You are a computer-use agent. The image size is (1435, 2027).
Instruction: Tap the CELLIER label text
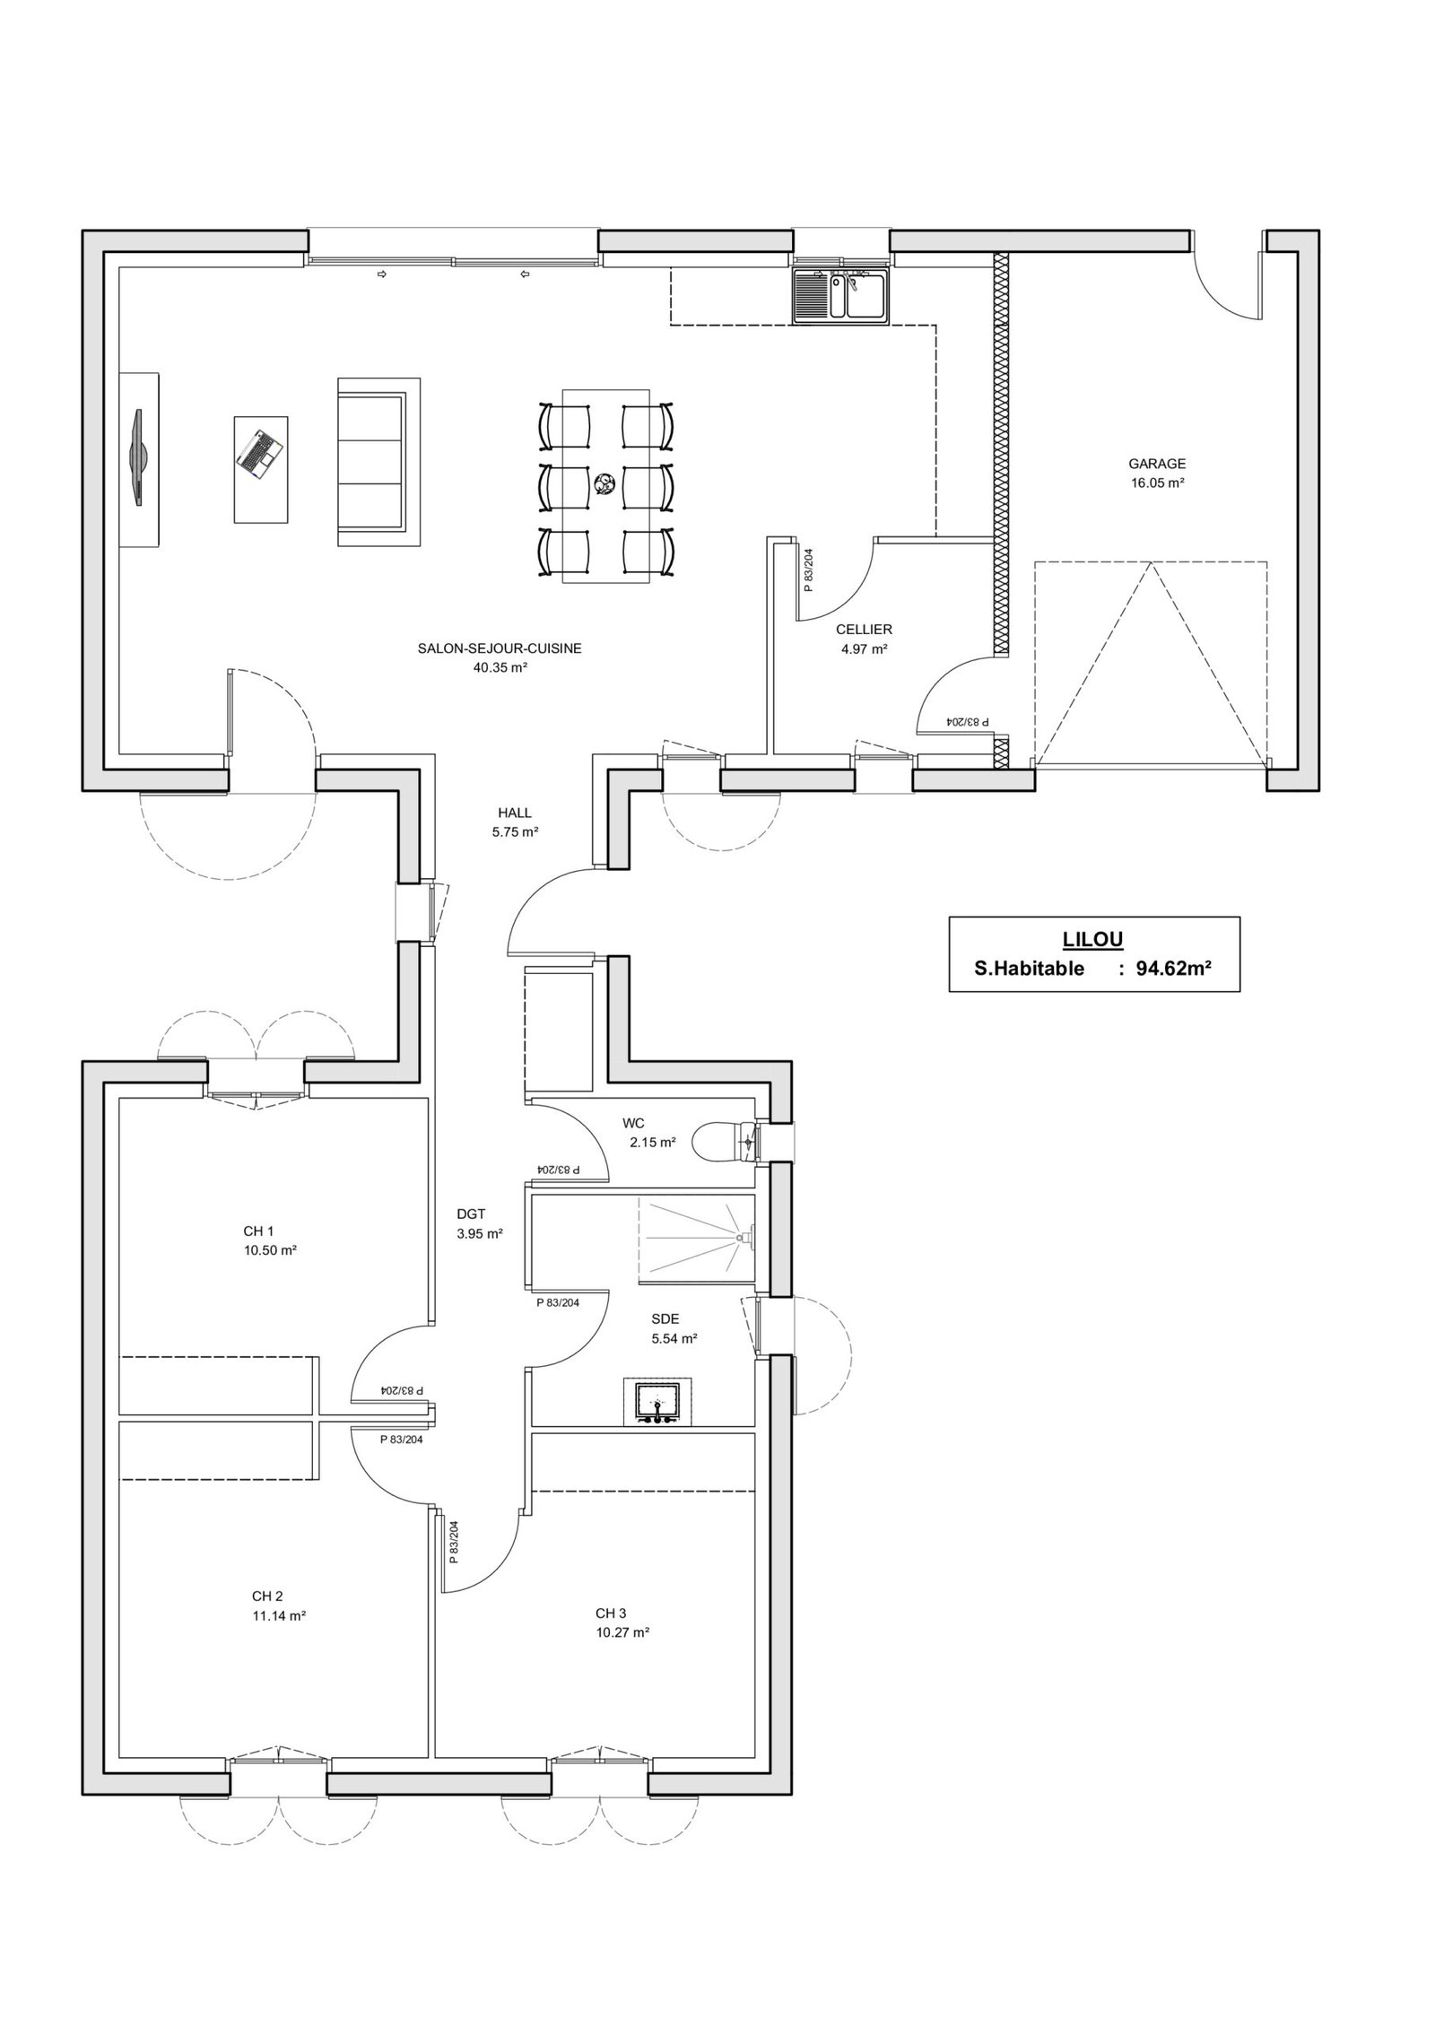[864, 630]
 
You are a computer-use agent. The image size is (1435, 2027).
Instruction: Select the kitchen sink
[840, 295]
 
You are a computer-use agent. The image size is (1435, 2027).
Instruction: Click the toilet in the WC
[729, 1141]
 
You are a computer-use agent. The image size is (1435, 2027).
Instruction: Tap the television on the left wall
[138, 458]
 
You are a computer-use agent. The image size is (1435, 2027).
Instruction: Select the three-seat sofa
[378, 461]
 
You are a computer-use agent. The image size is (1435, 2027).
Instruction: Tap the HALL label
[515, 813]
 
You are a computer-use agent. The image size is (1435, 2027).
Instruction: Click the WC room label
[633, 1122]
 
